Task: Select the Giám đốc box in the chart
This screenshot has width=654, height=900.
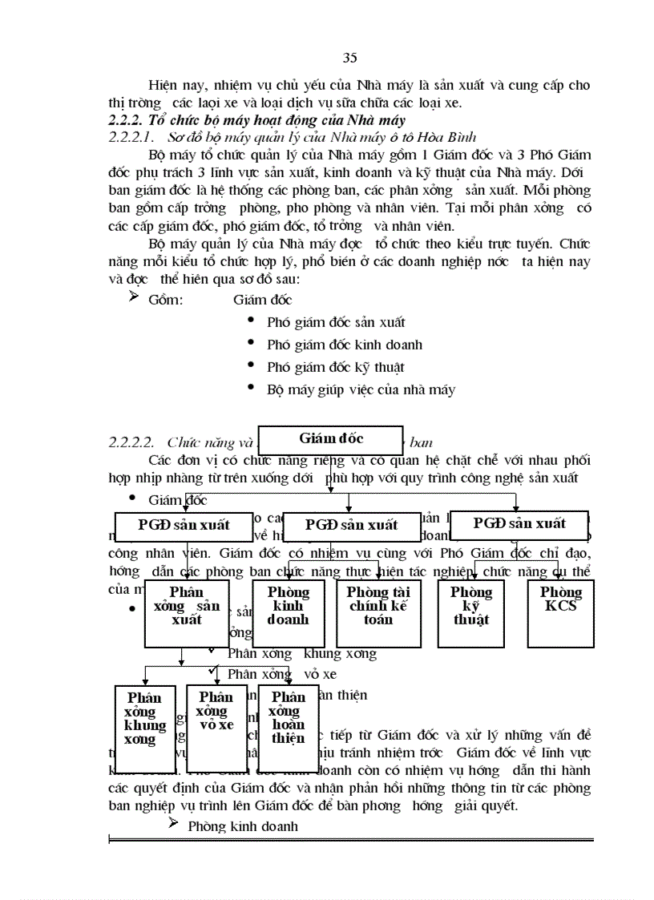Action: [x=331, y=438]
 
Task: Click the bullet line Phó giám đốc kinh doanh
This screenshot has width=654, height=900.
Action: [x=345, y=345]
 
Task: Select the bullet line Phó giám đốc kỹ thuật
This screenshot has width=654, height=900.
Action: [x=335, y=367]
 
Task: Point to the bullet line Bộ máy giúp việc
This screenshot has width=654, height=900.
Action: [x=361, y=389]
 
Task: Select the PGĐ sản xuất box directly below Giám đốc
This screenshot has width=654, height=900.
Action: [x=351, y=525]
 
